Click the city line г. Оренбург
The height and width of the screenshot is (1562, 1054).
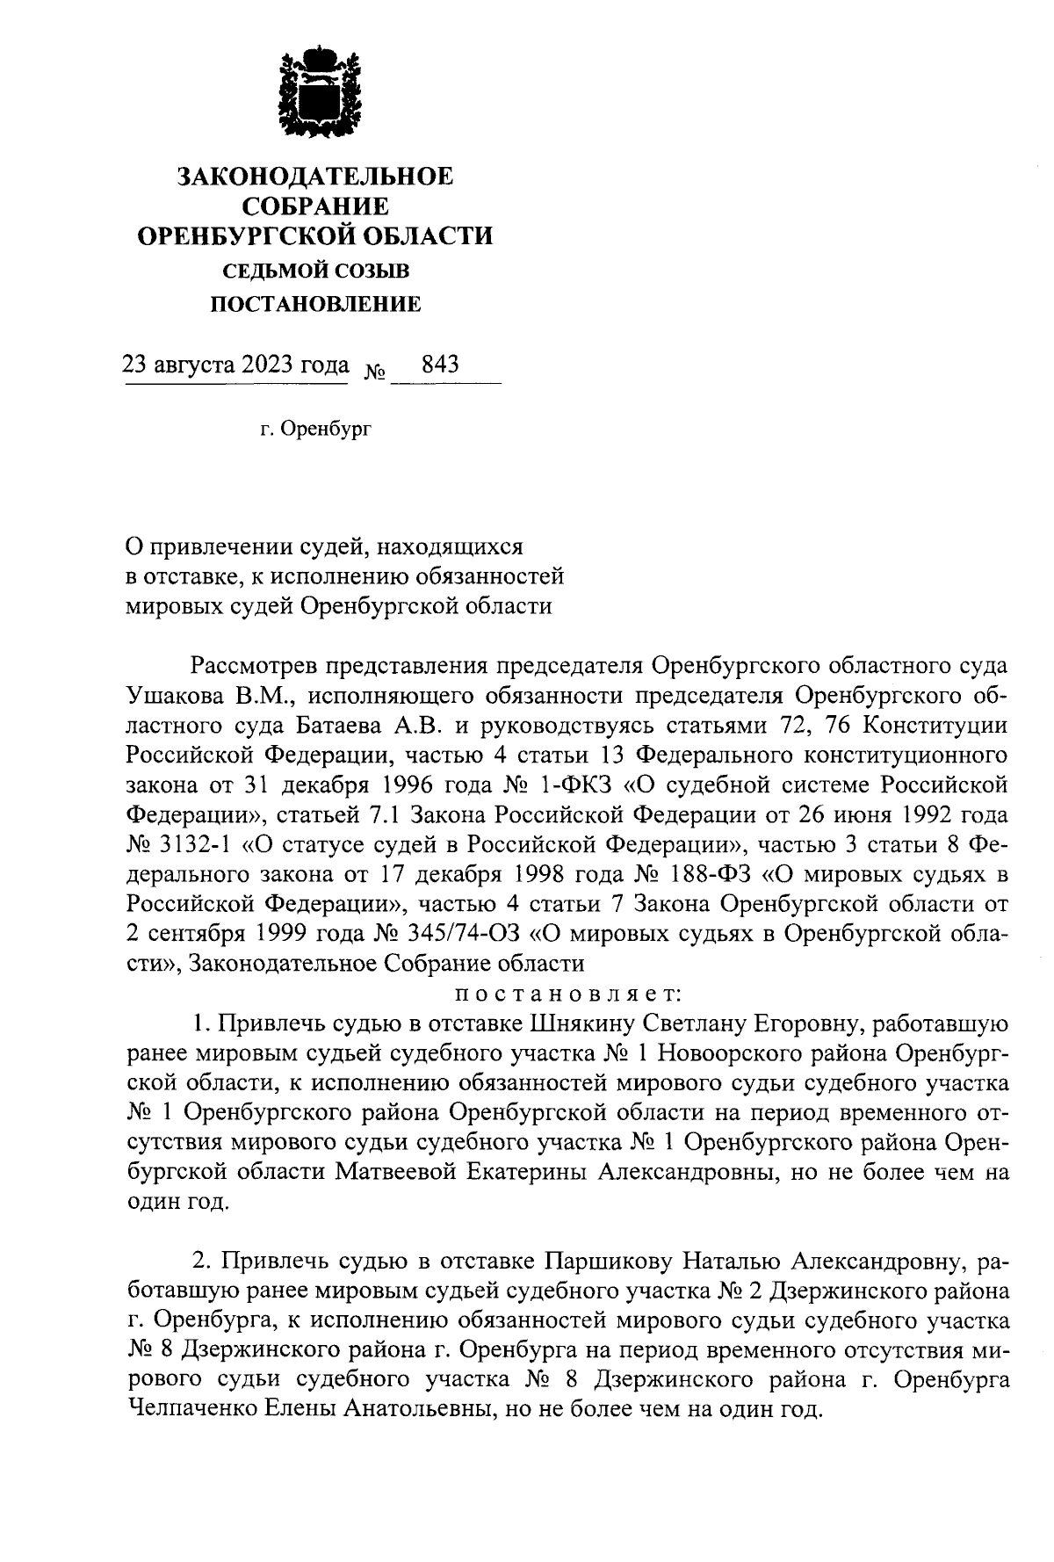pos(315,430)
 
